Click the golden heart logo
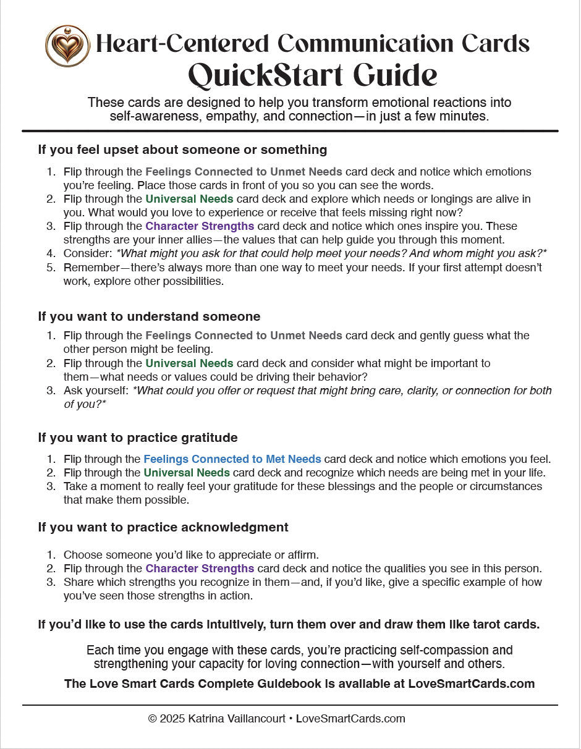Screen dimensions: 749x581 [x=67, y=45]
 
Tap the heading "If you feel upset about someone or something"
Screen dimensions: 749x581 [x=182, y=150]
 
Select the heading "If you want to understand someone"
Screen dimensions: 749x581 [x=149, y=316]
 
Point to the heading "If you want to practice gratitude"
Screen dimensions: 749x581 [x=138, y=438]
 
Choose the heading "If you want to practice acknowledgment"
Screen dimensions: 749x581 [x=163, y=527]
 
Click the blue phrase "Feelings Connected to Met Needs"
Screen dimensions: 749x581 [x=232, y=459]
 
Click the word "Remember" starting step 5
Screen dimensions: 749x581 [x=91, y=268]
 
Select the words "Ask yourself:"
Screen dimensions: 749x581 [x=96, y=391]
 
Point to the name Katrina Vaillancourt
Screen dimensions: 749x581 [x=240, y=719]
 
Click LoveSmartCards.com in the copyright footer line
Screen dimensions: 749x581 [x=350, y=719]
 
